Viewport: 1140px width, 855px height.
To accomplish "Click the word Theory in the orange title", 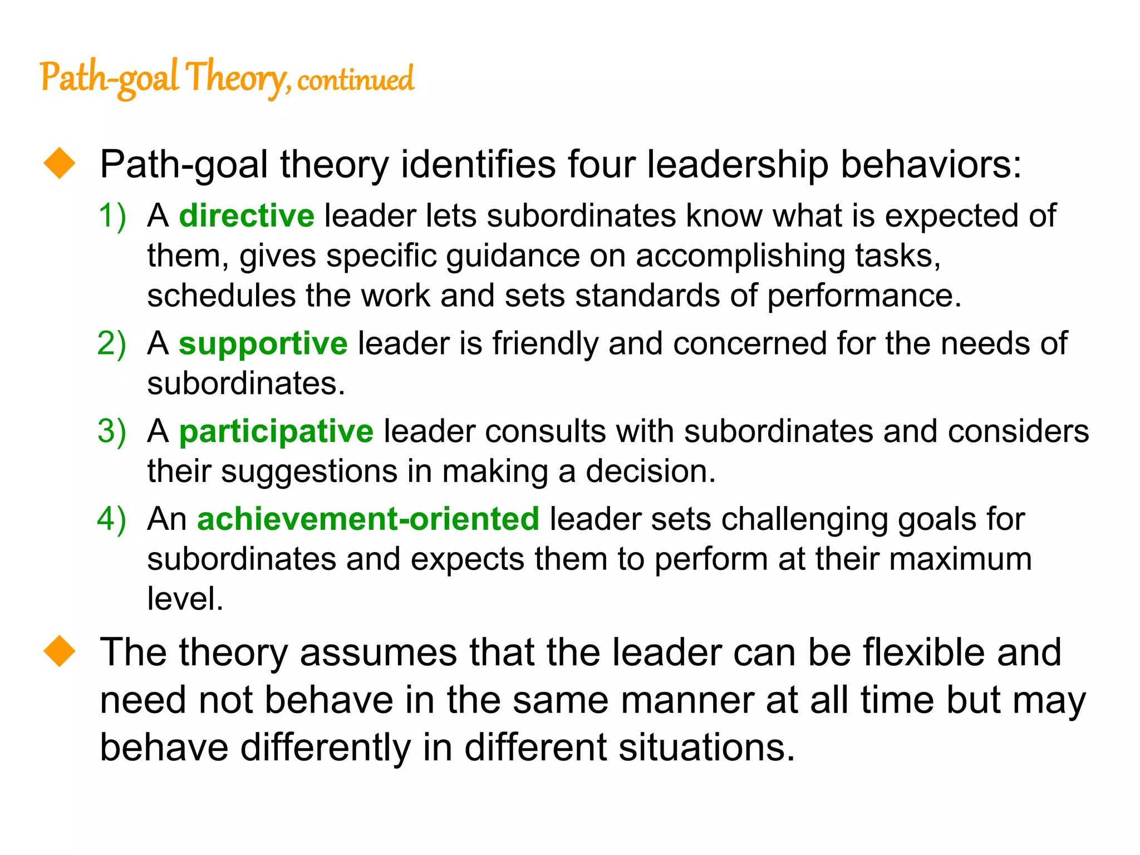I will (237, 78).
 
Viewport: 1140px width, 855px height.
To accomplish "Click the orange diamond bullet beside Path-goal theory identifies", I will (60, 163).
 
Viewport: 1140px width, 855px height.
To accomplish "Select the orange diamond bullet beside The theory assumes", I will (60, 651).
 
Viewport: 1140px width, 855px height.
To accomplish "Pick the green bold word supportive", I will (263, 343).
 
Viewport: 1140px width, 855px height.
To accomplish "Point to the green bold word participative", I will (276, 431).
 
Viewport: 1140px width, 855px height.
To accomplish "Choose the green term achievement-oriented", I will (368, 519).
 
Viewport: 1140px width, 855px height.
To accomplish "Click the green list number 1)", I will (112, 216).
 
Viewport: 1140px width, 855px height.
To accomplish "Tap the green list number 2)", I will (112, 343).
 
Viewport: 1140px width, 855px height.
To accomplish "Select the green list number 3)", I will (112, 431).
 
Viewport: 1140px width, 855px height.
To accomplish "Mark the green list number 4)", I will (112, 519).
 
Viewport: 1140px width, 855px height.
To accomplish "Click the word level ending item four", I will (184, 599).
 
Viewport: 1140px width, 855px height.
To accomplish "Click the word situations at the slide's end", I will (706, 747).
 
